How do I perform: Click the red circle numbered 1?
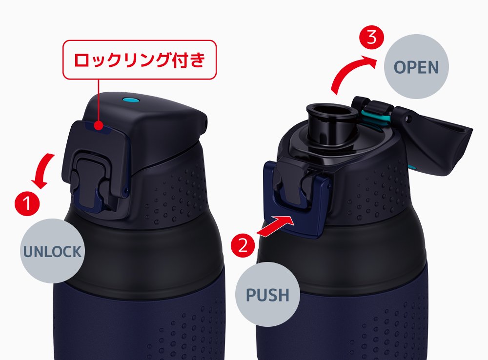[x=27, y=203]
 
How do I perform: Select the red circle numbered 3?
[x=371, y=37]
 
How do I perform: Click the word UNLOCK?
[x=52, y=252]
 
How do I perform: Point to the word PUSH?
[x=267, y=295]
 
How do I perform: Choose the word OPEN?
[x=416, y=67]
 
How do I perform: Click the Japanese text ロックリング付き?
[x=140, y=60]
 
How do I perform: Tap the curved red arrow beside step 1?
[x=43, y=171]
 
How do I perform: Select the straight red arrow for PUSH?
[x=275, y=226]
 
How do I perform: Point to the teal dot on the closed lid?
[x=130, y=100]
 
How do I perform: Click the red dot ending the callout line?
[x=99, y=126]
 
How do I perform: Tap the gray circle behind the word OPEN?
[x=416, y=67]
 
